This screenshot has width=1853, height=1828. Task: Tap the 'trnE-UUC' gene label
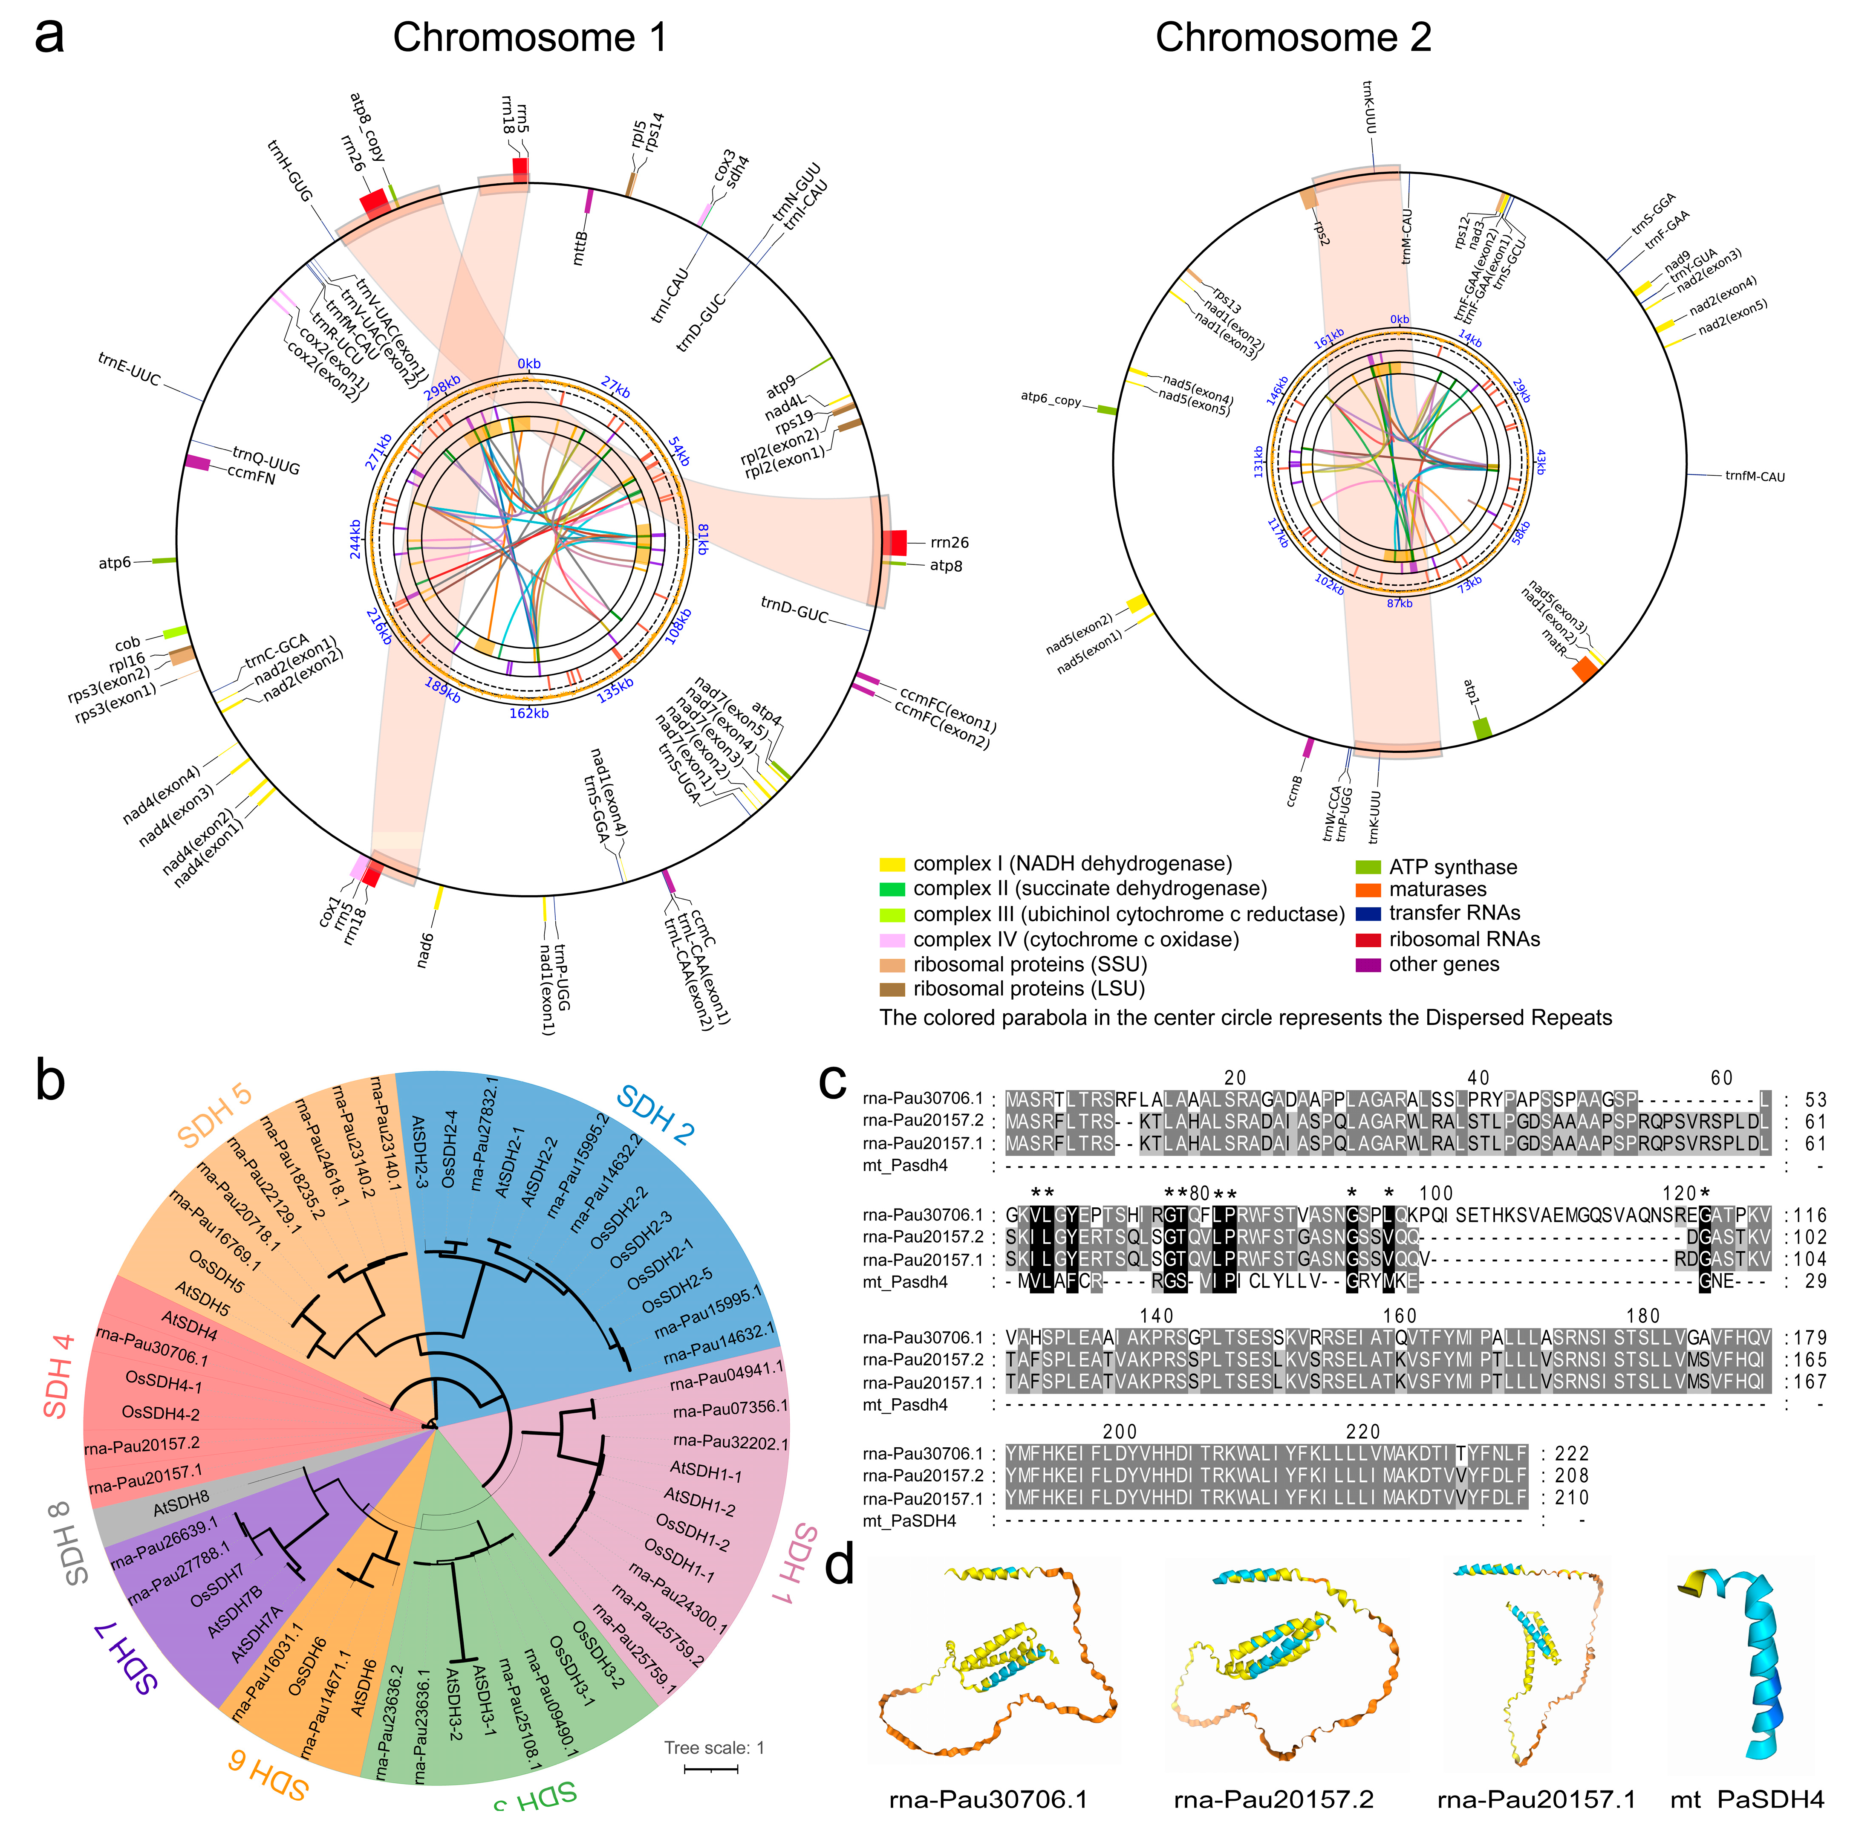point(130,370)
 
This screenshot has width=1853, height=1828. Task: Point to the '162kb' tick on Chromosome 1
point(528,713)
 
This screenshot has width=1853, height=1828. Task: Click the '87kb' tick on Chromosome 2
point(1400,604)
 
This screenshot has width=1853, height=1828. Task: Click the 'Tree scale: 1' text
point(713,1747)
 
